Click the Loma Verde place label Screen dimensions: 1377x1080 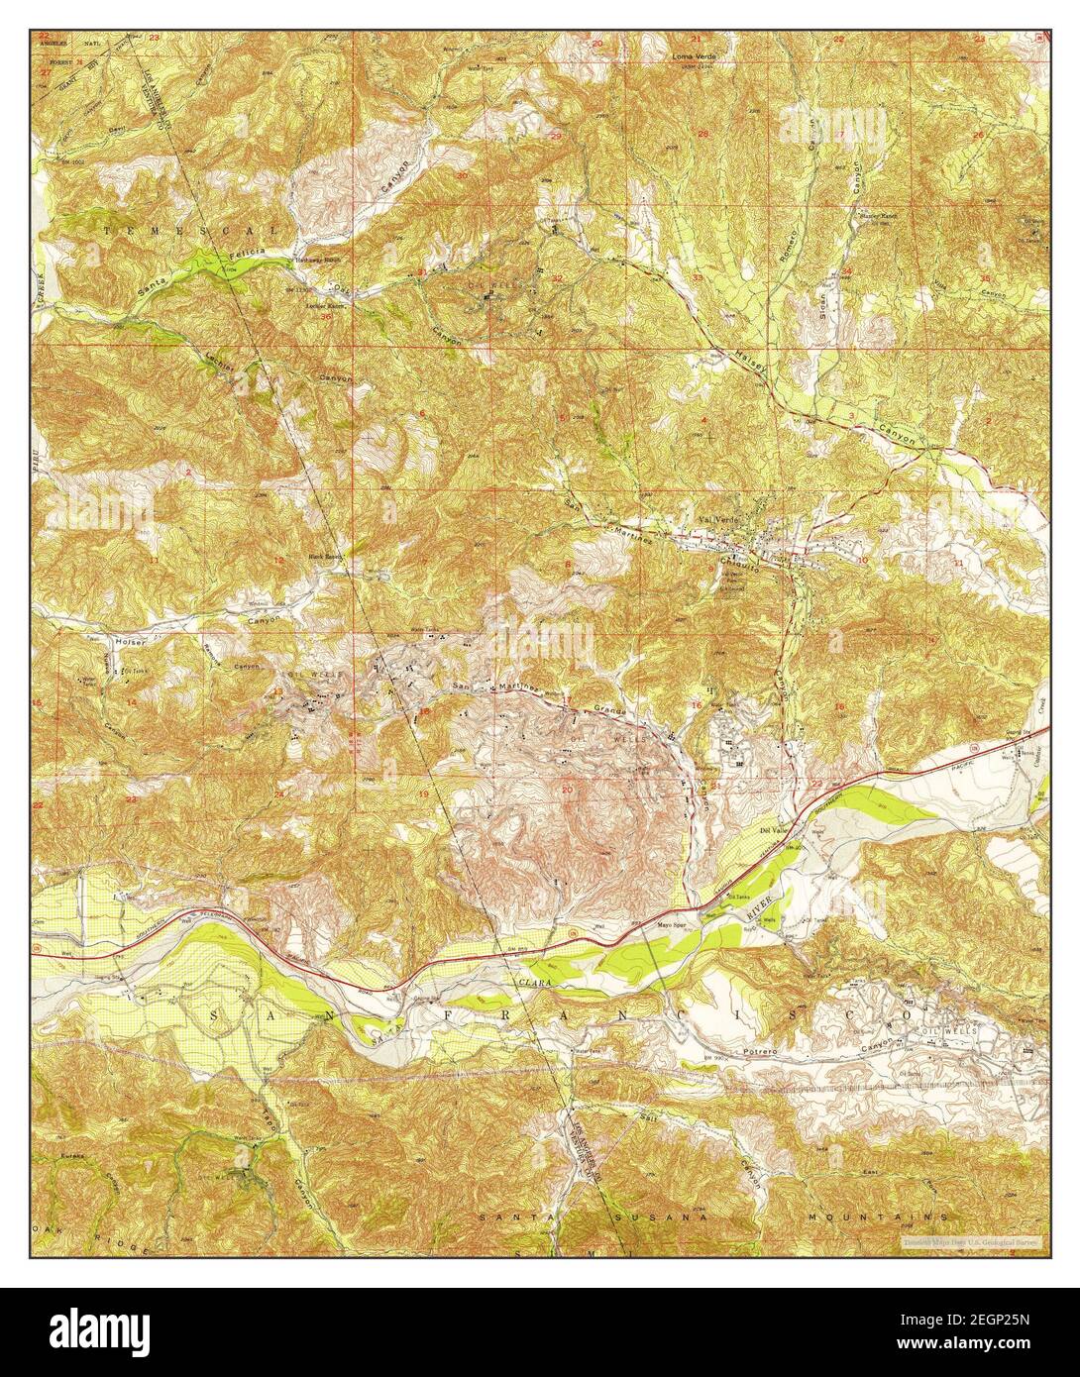point(694,56)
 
